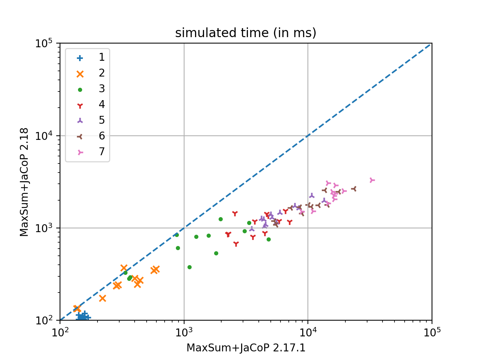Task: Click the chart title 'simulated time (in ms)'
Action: point(246,33)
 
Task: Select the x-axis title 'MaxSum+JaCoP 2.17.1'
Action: point(246,348)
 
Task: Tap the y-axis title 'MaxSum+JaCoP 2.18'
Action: point(24,182)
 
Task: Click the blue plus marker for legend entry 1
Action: point(80,58)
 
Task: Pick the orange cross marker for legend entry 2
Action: point(80,74)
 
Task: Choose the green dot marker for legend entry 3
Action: point(80,90)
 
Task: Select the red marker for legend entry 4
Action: point(80,105)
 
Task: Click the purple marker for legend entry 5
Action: point(80,121)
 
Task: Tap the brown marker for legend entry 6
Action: point(80,136)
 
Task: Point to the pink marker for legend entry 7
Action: point(80,152)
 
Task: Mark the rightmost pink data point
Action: point(372,180)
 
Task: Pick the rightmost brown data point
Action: point(354,189)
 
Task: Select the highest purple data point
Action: point(312,195)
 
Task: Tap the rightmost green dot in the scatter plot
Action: point(268,239)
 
